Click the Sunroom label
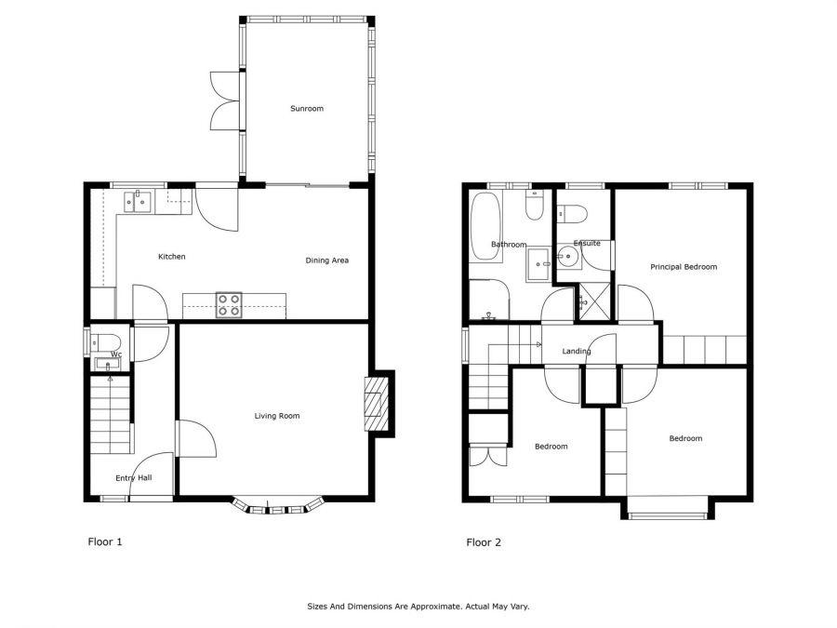(307, 109)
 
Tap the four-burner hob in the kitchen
(229, 305)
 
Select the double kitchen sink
(138, 202)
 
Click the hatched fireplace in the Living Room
(377, 405)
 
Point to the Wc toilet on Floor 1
(105, 341)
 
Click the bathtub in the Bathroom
(485, 226)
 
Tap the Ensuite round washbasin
(569, 257)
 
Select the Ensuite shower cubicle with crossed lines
(594, 301)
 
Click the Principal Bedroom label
(684, 267)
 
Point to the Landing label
(577, 351)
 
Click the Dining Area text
(326, 261)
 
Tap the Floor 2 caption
(484, 542)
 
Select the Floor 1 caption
(105, 541)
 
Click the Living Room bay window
(277, 507)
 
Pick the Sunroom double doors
(226, 100)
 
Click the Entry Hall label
(134, 478)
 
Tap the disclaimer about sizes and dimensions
(418, 607)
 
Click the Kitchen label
(172, 257)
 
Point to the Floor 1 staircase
(111, 415)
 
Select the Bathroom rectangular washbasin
(538, 264)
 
